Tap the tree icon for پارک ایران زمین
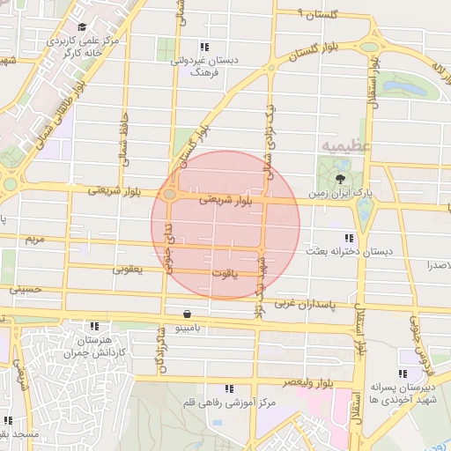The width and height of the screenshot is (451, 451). pyautogui.click(x=341, y=180)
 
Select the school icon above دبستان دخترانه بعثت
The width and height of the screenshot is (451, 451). pyautogui.click(x=351, y=238)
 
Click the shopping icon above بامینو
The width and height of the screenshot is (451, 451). pyautogui.click(x=188, y=314)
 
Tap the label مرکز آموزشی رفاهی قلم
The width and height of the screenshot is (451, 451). pyautogui.click(x=231, y=403)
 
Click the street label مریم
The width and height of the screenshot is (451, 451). pyautogui.click(x=34, y=239)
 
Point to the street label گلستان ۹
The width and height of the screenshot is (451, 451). pyautogui.click(x=319, y=14)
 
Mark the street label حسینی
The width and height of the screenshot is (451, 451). pyautogui.click(x=26, y=288)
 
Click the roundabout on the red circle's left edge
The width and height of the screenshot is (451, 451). pyautogui.click(x=168, y=195)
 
